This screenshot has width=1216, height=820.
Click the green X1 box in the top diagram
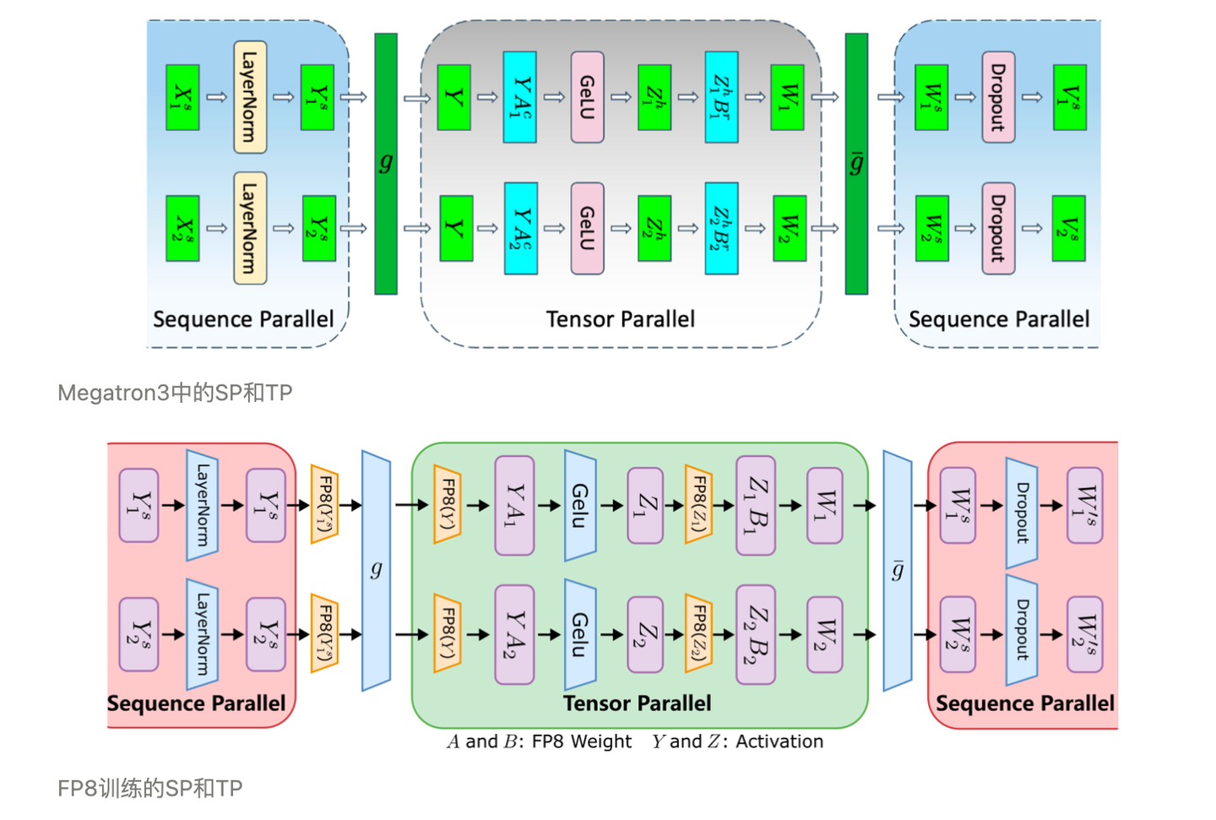[x=182, y=97]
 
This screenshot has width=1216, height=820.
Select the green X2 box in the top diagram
[x=182, y=228]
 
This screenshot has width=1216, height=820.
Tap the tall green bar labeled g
[x=386, y=163]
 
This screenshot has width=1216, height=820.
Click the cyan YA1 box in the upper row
[x=520, y=97]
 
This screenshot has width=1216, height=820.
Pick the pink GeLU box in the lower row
[x=587, y=228]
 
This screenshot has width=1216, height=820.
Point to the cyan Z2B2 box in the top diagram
[x=721, y=228]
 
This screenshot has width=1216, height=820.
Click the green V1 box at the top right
[x=1070, y=97]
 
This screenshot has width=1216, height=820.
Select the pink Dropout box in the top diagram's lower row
[x=998, y=228]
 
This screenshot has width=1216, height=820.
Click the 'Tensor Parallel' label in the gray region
[x=620, y=319]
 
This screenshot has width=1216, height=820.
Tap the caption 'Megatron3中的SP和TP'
[x=175, y=393]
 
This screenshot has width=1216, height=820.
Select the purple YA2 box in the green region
[x=514, y=633]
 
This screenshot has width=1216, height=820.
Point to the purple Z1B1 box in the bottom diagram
[x=756, y=505]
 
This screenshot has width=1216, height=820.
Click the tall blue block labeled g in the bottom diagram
[x=376, y=571]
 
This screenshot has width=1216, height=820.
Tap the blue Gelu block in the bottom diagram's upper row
[x=580, y=505]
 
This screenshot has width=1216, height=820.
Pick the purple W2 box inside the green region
[x=824, y=633]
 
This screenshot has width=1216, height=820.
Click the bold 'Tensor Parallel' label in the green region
[x=637, y=703]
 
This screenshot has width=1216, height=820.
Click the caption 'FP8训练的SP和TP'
[x=150, y=789]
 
